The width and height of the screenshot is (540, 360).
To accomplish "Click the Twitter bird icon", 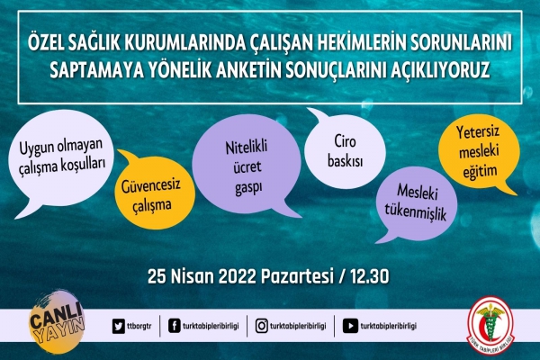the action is (119, 326).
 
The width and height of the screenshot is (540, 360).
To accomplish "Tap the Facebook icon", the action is (175, 326).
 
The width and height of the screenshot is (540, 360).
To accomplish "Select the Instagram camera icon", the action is (261, 326).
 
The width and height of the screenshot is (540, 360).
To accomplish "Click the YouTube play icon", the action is (350, 326).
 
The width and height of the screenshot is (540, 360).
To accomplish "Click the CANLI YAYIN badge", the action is (57, 322).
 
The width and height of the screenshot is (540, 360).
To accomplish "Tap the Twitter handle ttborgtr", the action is (139, 326).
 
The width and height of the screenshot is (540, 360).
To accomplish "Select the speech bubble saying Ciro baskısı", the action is (345, 149).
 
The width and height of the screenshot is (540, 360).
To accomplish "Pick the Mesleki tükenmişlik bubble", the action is (416, 204).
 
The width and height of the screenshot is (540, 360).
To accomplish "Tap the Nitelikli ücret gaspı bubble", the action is (247, 166).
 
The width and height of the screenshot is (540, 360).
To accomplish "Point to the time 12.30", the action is (370, 276).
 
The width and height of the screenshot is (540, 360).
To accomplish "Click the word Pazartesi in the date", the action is (298, 276).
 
